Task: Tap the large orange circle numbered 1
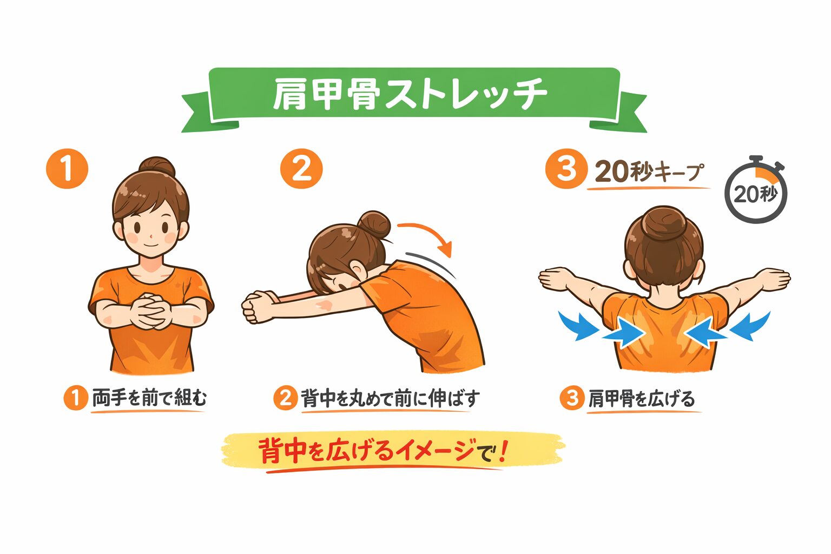(67, 169)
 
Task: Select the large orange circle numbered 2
(301, 169)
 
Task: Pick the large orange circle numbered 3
(566, 169)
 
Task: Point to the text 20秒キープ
(649, 172)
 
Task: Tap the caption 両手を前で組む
(149, 398)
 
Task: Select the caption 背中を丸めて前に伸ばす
(390, 398)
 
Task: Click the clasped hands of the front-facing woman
(150, 312)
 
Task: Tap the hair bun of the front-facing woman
(157, 168)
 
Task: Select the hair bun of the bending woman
(374, 225)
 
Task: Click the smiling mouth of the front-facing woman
(151, 245)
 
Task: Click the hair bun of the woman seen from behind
(664, 223)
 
